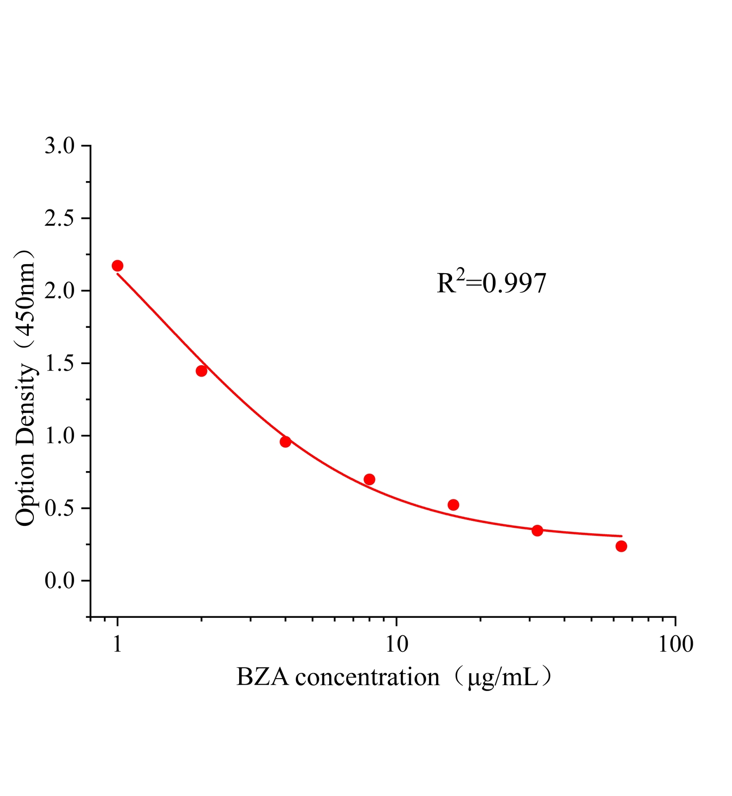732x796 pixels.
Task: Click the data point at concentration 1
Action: pos(117,266)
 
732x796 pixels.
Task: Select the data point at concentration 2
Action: pos(201,371)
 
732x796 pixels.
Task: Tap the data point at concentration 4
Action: pos(285,442)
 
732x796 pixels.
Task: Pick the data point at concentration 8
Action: pos(369,479)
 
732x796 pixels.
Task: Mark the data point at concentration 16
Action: pos(453,505)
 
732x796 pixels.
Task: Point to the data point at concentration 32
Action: pos(537,530)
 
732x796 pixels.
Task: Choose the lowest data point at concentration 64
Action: pos(621,546)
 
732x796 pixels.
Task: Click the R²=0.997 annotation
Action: pos(491,284)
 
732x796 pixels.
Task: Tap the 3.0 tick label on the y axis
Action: pos(59,146)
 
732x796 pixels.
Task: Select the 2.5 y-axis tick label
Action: pos(59,219)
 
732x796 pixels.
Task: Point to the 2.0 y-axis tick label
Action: pos(59,291)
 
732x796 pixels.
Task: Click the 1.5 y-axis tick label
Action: pos(59,364)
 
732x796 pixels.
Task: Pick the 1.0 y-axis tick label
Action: pos(59,436)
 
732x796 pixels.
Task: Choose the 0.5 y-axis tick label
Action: pos(59,508)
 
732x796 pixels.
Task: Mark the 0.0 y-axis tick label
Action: pos(59,581)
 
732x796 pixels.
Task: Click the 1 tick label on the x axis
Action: pos(117,645)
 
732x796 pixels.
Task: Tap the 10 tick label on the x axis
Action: pos(396,645)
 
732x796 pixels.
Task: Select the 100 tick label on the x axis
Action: pos(675,645)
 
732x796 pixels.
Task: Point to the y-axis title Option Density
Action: pos(26,388)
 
